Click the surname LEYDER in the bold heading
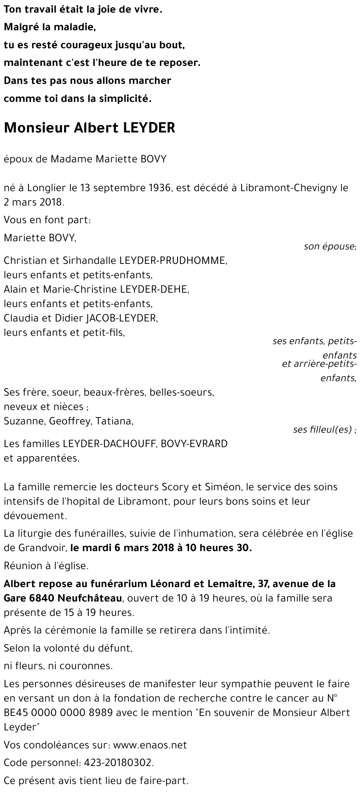[149, 128]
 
